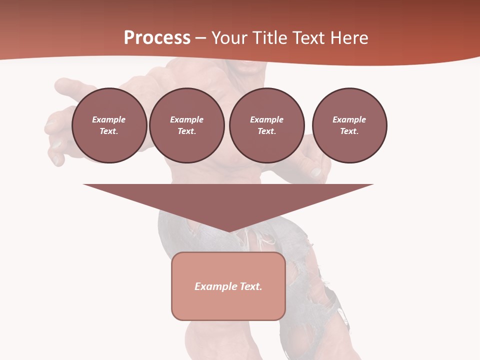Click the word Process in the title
pyautogui.click(x=157, y=38)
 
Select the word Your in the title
pyautogui.click(x=228, y=38)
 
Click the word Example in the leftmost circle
pyautogui.click(x=109, y=119)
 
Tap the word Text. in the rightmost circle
pyautogui.click(x=349, y=131)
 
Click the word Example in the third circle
pyautogui.click(x=266, y=119)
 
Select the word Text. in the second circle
pyautogui.click(x=187, y=131)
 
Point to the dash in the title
pyautogui.click(x=201, y=38)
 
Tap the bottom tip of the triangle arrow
pyautogui.click(x=228, y=230)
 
